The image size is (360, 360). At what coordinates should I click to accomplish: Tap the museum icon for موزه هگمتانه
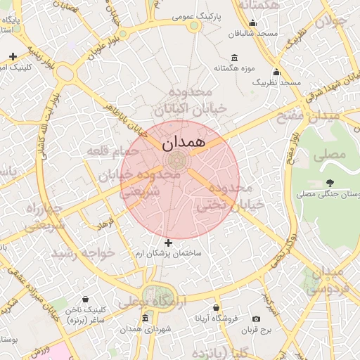(234, 58)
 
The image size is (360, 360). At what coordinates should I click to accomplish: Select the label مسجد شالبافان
(257, 33)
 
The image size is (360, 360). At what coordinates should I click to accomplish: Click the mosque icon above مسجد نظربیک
(276, 72)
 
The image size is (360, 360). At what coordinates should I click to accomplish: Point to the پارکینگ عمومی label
(212, 15)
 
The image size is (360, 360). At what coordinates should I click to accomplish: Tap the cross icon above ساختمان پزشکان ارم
(168, 243)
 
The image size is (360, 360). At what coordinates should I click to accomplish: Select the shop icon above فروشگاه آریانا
(216, 308)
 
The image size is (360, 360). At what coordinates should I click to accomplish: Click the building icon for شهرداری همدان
(145, 319)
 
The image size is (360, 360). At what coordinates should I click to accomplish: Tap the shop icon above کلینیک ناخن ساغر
(86, 300)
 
